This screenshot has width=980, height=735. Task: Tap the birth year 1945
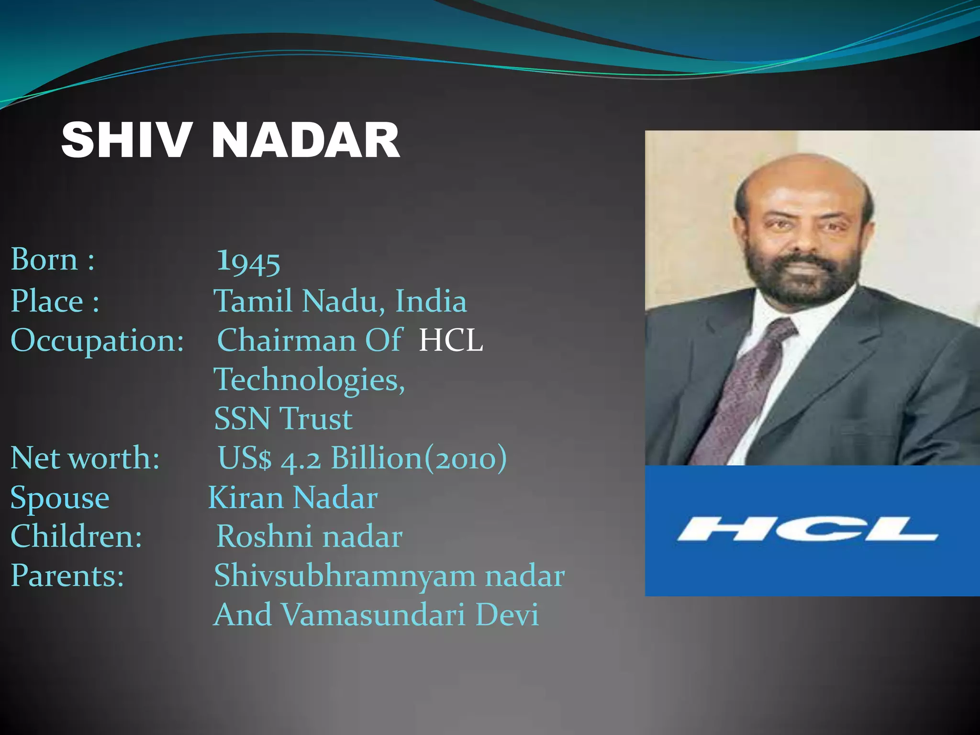pyautogui.click(x=248, y=262)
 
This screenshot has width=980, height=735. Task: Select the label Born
pyautogui.click(x=44, y=260)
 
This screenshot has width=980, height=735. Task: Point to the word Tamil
pyautogui.click(x=253, y=301)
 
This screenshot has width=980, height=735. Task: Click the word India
pyautogui.click(x=431, y=301)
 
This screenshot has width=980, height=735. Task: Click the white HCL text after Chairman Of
pyautogui.click(x=451, y=341)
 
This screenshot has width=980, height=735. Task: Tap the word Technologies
pyautogui.click(x=309, y=380)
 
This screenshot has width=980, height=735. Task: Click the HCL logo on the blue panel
pyautogui.click(x=807, y=529)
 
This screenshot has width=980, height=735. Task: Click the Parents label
pyautogui.click(x=67, y=576)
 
